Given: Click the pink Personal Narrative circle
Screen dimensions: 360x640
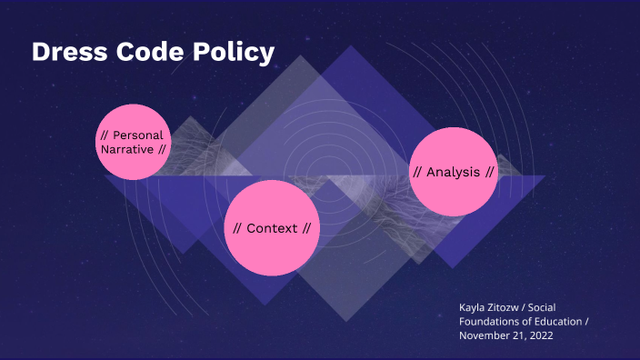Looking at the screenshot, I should point(134,142).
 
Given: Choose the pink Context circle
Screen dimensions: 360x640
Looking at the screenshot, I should point(272,228).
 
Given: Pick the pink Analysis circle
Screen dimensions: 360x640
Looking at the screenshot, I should point(454,172).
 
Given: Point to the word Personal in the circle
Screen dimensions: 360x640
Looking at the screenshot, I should point(138,135).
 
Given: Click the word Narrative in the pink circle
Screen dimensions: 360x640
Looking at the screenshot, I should point(127,148).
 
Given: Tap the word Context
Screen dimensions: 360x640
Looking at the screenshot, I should point(272,228).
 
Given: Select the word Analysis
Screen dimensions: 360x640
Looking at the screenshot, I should point(453,172).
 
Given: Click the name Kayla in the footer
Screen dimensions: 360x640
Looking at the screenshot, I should point(475,306).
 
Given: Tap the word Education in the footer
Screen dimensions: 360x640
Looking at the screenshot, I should point(560,321).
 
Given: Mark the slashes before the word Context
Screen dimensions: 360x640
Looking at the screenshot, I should point(237,228).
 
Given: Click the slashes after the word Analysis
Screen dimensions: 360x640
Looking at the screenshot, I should point(489,172).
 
